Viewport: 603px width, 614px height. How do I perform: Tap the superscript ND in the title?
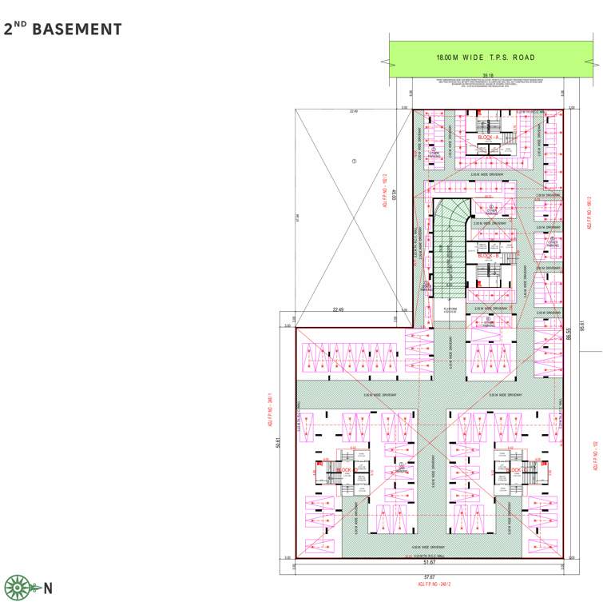coord(22,25)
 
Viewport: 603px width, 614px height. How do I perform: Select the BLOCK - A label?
coord(489,138)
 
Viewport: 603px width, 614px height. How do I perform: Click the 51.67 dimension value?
coord(429,562)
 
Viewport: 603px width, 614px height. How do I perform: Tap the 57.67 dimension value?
coord(429,577)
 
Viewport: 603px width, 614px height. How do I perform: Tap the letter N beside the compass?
coord(48,590)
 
